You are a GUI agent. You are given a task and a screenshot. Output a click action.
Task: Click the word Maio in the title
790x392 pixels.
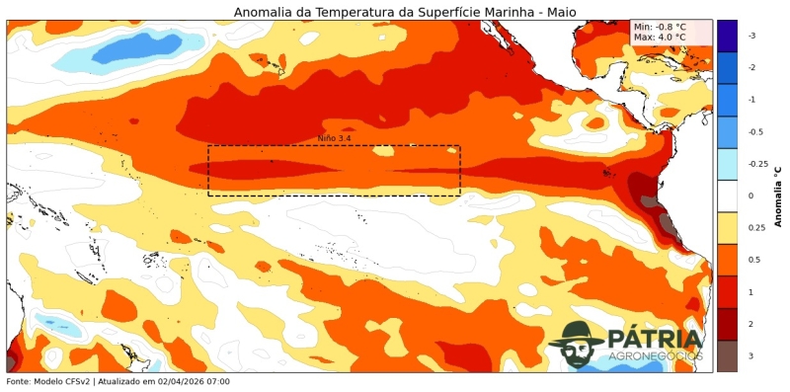tap(558, 12)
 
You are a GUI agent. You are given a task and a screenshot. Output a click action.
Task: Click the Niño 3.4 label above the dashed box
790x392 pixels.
tap(334, 139)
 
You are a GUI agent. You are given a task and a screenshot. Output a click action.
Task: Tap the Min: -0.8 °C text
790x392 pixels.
tap(660, 27)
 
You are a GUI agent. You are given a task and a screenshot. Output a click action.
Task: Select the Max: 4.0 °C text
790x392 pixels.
tap(660, 38)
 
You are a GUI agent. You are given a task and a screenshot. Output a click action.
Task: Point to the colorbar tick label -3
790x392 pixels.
tap(751, 36)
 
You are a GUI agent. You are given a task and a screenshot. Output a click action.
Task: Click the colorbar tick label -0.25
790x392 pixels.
tap(757, 164)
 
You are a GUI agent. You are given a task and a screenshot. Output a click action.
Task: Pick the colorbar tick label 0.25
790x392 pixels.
tap(755, 228)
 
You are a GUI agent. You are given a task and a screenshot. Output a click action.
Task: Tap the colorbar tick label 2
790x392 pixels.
tap(750, 324)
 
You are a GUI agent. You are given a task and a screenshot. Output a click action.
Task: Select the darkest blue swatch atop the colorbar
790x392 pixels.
tap(726, 36)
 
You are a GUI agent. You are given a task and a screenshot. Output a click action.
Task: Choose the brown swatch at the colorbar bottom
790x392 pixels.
tap(726, 355)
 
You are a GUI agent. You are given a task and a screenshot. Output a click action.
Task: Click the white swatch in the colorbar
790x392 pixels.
tap(726, 196)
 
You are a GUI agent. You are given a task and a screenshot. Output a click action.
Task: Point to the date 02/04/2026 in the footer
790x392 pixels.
tap(178, 381)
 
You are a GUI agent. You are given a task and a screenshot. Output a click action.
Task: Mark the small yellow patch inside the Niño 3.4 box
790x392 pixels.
tap(383, 151)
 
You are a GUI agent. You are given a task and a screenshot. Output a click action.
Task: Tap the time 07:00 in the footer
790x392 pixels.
tap(217, 381)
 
